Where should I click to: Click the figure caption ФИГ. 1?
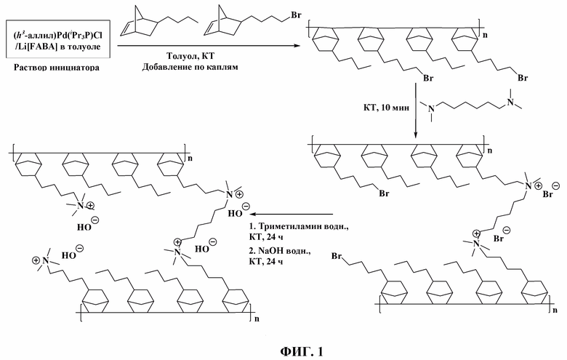(x=302, y=351)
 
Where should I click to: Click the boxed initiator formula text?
(x=58, y=39)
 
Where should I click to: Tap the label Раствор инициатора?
(x=57, y=68)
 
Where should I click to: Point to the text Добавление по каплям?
(x=190, y=67)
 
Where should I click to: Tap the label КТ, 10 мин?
(x=386, y=108)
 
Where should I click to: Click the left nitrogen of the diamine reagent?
(x=430, y=108)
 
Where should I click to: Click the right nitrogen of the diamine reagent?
(x=510, y=102)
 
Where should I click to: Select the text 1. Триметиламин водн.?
(x=298, y=227)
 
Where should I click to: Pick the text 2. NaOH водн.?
(x=280, y=251)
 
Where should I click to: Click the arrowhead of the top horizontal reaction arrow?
(x=297, y=46)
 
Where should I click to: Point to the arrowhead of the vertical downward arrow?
(x=416, y=135)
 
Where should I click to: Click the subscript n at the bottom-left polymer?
(x=257, y=319)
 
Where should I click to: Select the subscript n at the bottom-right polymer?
(x=555, y=310)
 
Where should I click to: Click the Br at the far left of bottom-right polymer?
(x=337, y=257)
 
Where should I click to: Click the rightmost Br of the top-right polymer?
(x=523, y=78)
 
